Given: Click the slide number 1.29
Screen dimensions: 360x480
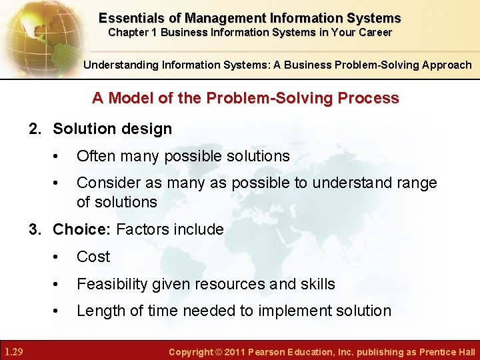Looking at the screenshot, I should click(x=14, y=351).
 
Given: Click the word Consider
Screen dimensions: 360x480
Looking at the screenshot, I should click(x=106, y=183).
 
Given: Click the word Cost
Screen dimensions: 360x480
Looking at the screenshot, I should click(x=93, y=257).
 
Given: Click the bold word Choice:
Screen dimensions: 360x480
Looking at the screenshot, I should click(x=82, y=229).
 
